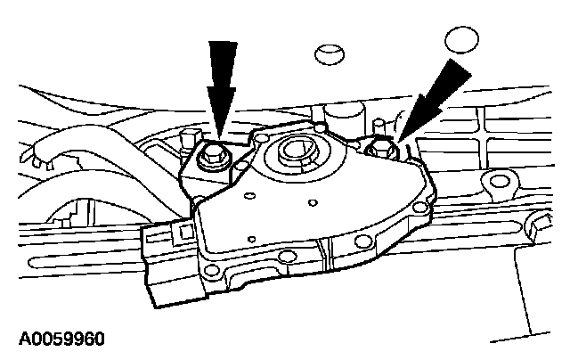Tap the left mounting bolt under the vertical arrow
pyautogui.click(x=214, y=159)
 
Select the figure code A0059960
pyautogui.click(x=61, y=340)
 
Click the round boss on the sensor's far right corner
pyautogui.click(x=419, y=206)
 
